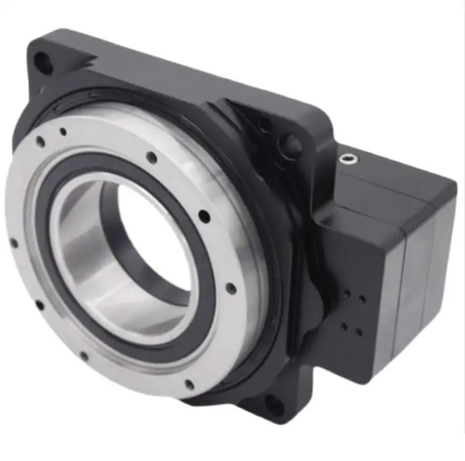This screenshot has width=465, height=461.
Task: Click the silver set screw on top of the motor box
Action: pos(347,161)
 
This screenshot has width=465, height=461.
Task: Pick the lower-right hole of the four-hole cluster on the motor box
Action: pos(359,333)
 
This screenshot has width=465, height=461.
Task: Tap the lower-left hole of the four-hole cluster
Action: pos(344,328)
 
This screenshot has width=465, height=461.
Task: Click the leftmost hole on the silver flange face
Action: pos(13,243)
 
